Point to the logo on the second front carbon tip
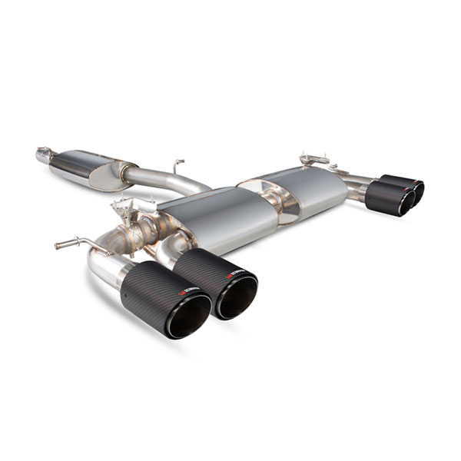tap(234, 275)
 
